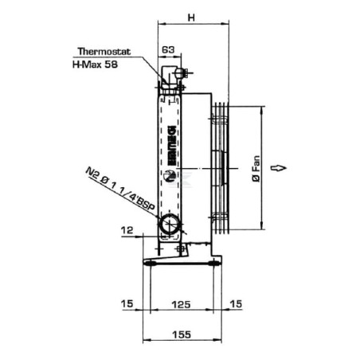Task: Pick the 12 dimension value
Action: tap(126, 233)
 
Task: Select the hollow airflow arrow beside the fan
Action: tap(279, 167)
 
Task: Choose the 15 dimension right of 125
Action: tap(235, 303)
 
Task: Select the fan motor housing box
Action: tap(198, 167)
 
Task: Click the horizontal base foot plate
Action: tap(184, 262)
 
